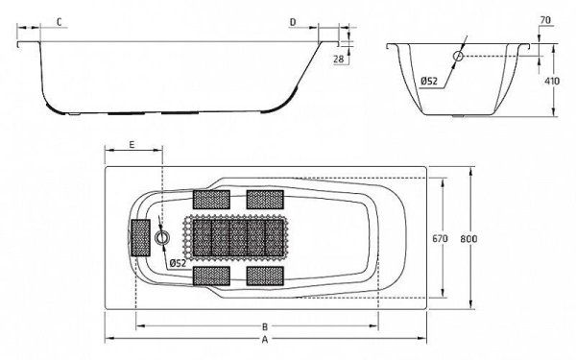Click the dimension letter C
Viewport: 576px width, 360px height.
[x=60, y=22]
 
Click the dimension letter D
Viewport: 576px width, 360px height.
[x=293, y=22]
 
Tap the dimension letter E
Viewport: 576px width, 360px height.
[x=132, y=144]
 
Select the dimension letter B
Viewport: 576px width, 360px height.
[x=265, y=325]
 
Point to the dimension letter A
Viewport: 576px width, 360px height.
[x=265, y=340]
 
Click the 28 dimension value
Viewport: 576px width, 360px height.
[x=339, y=59]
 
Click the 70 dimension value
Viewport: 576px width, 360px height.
[x=546, y=20]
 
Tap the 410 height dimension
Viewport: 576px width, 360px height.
[x=551, y=81]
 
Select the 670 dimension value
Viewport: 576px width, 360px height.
[x=440, y=239]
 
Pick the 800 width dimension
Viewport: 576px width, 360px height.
[x=468, y=239]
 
